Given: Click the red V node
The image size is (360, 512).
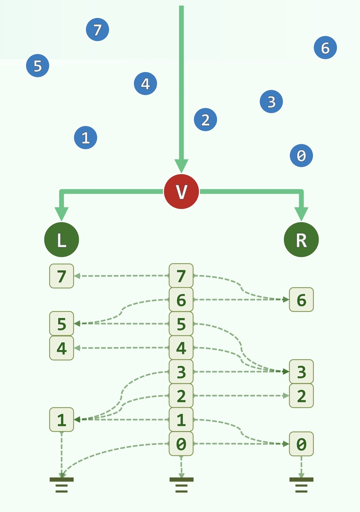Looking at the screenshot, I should point(181,191).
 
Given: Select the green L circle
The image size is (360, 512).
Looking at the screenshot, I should point(62,239).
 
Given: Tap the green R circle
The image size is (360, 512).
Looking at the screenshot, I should point(301,239).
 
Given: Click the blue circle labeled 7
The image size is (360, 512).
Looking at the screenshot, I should point(97,30).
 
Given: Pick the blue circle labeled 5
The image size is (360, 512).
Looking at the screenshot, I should point(38,65).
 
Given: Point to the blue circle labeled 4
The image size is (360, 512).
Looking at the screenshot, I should point(145,83).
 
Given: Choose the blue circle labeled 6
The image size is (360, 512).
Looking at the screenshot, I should point(325,48).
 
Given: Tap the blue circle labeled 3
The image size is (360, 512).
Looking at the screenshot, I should point(271,102).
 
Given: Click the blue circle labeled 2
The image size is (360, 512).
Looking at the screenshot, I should point(205,120).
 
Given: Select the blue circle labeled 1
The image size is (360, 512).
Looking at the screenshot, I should point(86,137).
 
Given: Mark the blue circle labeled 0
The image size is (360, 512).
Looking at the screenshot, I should point(301,155).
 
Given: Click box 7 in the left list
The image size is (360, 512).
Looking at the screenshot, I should point(62,276).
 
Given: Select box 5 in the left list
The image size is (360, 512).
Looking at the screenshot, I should point(62,324).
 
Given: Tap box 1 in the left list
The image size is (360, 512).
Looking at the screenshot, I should point(62,420).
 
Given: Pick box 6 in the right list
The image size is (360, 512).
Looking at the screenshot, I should point(301,300).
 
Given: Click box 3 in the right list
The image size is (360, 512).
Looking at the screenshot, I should point(301,371).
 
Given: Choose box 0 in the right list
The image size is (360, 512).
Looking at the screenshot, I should point(301,444).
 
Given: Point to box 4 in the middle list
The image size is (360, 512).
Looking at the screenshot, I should point(181,348).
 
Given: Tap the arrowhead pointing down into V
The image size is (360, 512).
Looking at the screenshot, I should point(181,166).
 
